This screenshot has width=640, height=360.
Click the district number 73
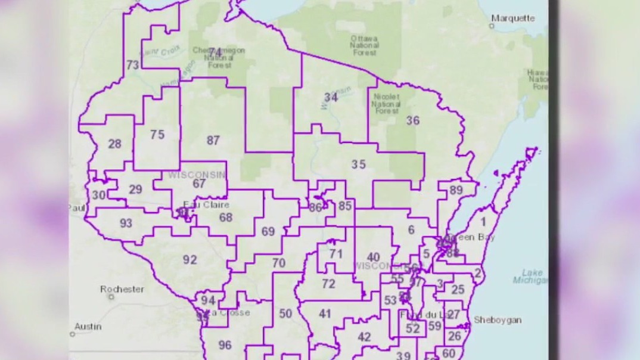(x=132, y=65)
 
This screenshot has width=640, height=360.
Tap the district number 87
(x=213, y=141)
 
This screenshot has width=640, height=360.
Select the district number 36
(x=412, y=120)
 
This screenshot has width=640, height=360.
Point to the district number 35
(x=358, y=165)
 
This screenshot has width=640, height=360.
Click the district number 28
(x=114, y=144)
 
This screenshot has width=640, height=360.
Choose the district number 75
(x=157, y=135)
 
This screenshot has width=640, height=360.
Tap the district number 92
(x=189, y=259)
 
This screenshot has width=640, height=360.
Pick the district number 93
(x=126, y=224)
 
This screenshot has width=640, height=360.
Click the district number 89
(x=456, y=190)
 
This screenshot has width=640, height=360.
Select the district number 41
(x=325, y=314)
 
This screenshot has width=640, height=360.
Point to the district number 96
(x=225, y=345)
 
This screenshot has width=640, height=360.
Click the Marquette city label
(x=512, y=18)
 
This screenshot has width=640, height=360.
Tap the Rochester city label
(x=122, y=289)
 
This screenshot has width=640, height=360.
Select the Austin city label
(x=88, y=327)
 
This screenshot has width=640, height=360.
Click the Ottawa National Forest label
(x=364, y=45)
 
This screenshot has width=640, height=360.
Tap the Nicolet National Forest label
(x=386, y=103)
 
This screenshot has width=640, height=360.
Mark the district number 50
(x=285, y=314)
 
